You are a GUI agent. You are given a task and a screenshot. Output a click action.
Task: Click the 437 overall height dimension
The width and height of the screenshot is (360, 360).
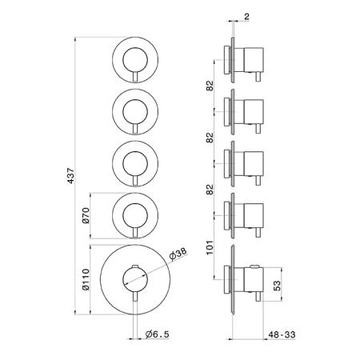point(70,176)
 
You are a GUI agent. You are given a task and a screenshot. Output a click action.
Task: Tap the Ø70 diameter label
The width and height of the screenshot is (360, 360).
point(86,216)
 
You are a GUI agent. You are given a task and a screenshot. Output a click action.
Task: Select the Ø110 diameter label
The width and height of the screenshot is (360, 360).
point(86,279)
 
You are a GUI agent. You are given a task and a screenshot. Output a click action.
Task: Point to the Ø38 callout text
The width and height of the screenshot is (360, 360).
point(178,254)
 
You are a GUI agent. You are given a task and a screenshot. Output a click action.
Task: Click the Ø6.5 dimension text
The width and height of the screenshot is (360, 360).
point(158,334)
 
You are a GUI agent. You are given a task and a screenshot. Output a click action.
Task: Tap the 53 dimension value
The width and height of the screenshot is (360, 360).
point(278,286)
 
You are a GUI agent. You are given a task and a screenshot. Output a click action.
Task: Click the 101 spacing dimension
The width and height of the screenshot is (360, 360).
point(210,247)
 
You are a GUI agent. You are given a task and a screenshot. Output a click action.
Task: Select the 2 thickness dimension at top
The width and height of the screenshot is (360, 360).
point(246,17)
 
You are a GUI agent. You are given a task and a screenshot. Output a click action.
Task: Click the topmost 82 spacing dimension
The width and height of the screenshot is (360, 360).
point(210,86)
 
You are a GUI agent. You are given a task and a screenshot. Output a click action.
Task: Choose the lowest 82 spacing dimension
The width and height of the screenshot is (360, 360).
point(210,190)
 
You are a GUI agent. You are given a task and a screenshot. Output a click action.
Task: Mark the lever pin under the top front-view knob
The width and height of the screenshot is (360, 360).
point(135,77)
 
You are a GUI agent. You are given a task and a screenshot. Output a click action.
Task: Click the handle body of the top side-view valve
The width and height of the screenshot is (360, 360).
point(254,60)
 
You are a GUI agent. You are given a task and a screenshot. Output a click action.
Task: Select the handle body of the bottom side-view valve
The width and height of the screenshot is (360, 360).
point(254,280)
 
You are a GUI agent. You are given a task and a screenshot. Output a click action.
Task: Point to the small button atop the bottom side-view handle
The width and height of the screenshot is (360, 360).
point(254,266)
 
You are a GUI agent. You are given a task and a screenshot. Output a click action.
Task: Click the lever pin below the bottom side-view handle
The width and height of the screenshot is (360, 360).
point(258,297)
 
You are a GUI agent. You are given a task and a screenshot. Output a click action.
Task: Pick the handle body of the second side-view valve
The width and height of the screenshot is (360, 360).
point(254,112)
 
